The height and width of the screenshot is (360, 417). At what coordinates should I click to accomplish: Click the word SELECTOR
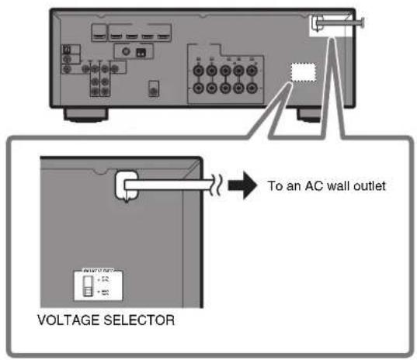pos(123,318)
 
